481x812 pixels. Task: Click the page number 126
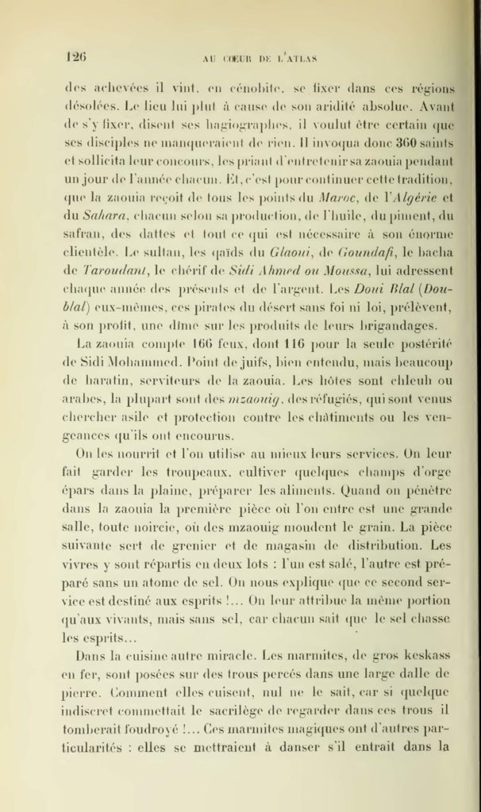76,57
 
